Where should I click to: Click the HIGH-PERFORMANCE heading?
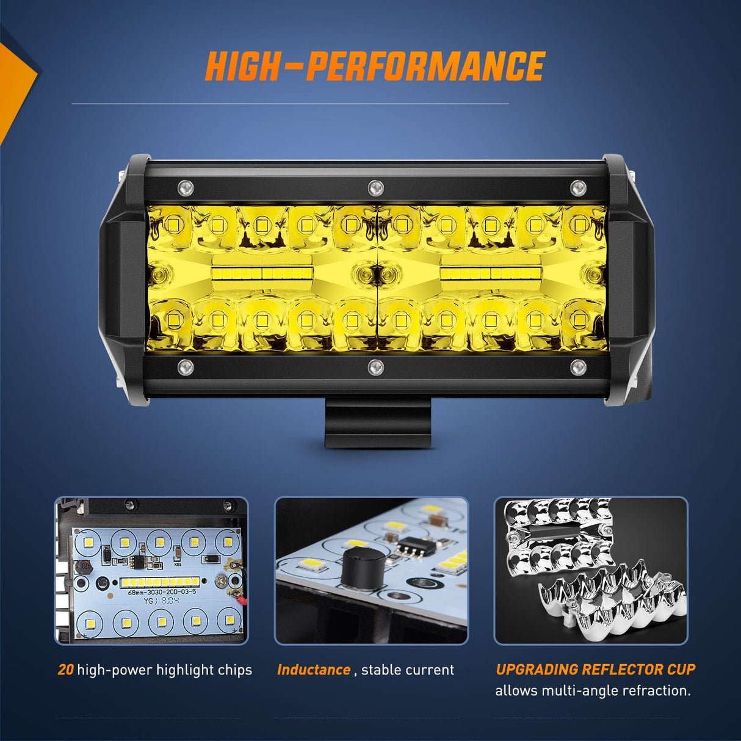(x=375, y=67)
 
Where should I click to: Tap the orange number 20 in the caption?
(x=65, y=670)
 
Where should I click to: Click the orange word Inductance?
(x=314, y=670)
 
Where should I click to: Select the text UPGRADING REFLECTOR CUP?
(x=595, y=669)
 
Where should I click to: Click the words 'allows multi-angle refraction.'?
(x=593, y=691)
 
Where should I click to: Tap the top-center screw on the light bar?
(x=375, y=186)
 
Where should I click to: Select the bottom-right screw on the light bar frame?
(x=578, y=367)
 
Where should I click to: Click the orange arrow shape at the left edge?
(x=15, y=85)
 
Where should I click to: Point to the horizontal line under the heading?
(x=290, y=104)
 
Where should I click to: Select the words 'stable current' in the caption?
(x=408, y=670)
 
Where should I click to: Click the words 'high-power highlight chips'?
(x=164, y=670)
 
